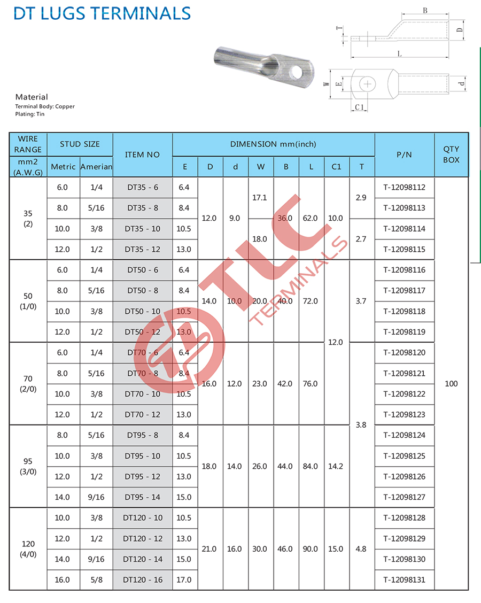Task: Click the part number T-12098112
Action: (405, 187)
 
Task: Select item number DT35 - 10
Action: (142, 229)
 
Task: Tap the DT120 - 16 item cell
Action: (142, 579)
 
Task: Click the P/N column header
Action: (405, 154)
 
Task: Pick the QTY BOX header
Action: (451, 154)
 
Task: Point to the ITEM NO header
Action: (142, 154)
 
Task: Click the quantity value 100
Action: (451, 384)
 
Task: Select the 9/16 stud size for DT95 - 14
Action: (96, 497)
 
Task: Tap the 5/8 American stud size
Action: (96, 579)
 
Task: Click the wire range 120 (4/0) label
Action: (28, 549)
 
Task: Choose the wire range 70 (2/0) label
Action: (28, 384)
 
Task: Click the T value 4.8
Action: (361, 549)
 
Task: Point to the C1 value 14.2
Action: (336, 466)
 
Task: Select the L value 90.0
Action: (310, 549)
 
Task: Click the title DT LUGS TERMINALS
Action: (102, 13)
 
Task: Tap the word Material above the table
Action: (32, 97)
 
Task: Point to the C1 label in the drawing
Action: (360, 107)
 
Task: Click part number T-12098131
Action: (405, 579)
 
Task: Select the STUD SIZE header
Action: (80, 144)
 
